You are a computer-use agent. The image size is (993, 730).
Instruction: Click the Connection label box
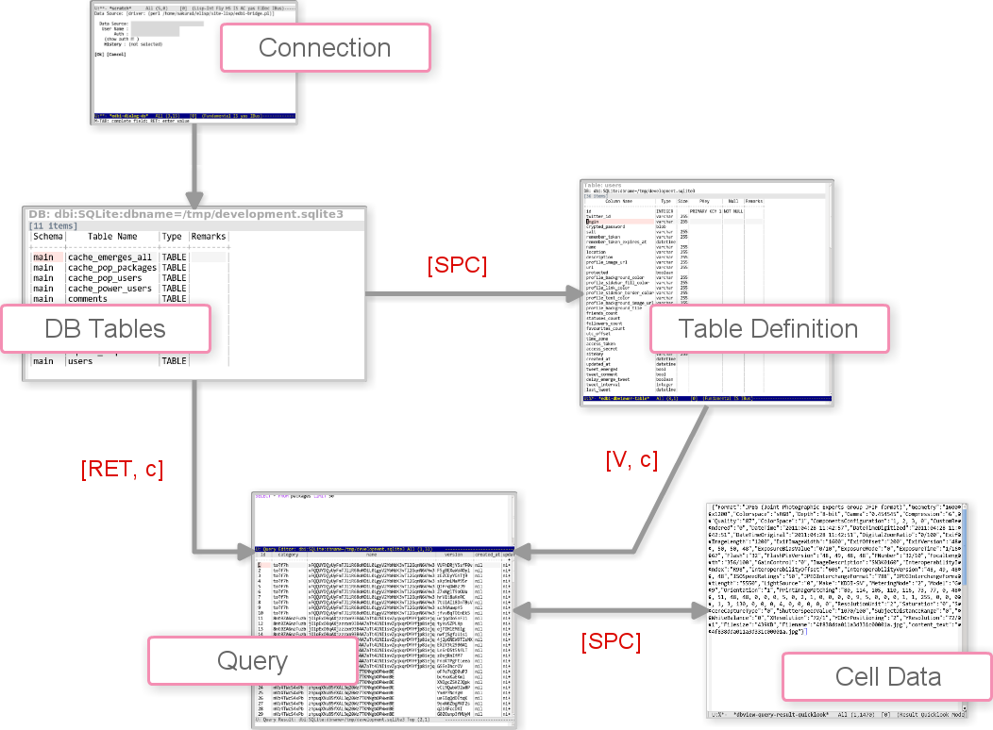click(325, 48)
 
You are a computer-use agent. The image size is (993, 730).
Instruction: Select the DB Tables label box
click(106, 329)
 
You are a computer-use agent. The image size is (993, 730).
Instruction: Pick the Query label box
click(252, 660)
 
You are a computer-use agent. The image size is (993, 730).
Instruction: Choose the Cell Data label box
click(888, 676)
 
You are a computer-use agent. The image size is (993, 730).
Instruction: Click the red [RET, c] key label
click(122, 470)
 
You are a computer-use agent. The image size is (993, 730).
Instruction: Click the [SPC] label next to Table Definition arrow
click(457, 266)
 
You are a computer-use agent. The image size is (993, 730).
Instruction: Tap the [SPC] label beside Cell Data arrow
click(611, 642)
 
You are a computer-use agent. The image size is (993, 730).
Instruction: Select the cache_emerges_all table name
click(109, 257)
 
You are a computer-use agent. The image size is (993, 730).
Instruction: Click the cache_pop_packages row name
click(111, 268)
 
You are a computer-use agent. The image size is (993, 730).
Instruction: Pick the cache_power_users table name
click(109, 289)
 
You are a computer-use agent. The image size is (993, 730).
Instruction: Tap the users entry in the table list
click(79, 361)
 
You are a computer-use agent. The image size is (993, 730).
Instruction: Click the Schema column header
click(47, 237)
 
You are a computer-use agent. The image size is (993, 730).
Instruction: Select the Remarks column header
click(210, 237)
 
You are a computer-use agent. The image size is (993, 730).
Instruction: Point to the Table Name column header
click(112, 237)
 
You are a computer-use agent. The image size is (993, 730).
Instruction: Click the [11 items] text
click(55, 225)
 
